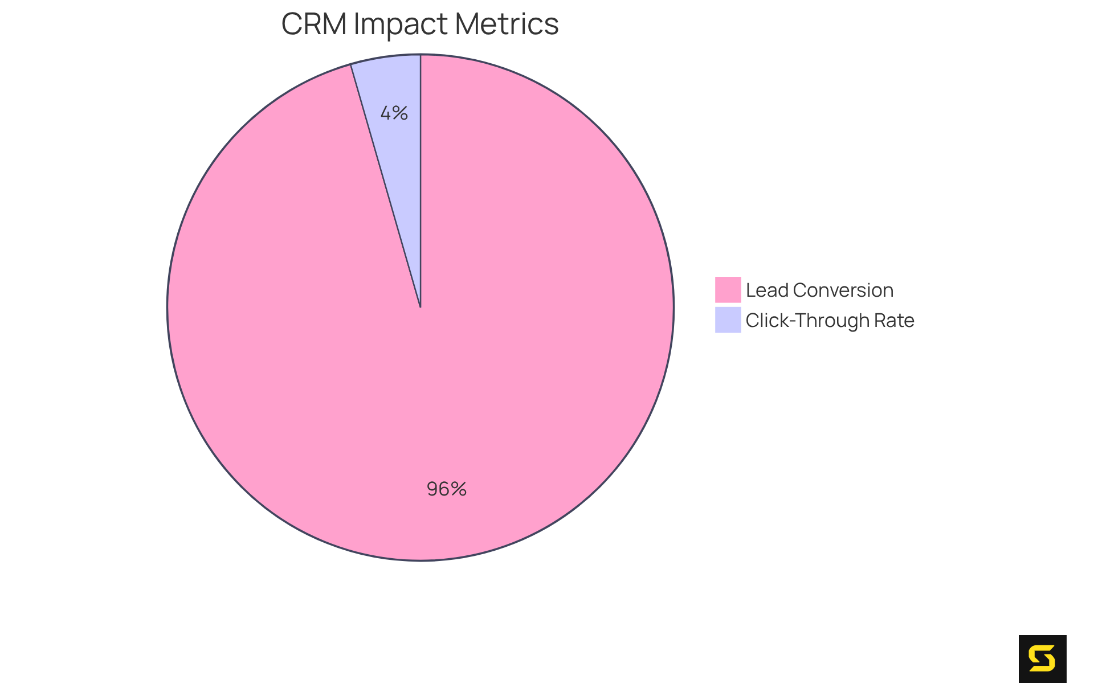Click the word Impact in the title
coord(401,24)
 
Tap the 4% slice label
coord(394,113)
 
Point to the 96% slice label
coord(447,489)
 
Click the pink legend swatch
coord(728,290)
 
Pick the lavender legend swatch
coord(728,320)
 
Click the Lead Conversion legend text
coord(819,290)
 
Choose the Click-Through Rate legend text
coord(830,321)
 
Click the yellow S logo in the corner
coord(1042,659)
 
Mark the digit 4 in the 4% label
coord(386,113)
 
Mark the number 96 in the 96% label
coord(438,489)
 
